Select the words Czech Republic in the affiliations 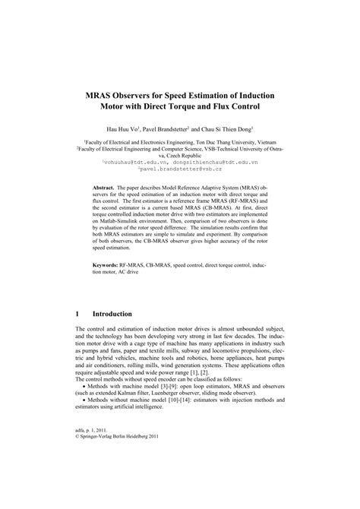point(180,156)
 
